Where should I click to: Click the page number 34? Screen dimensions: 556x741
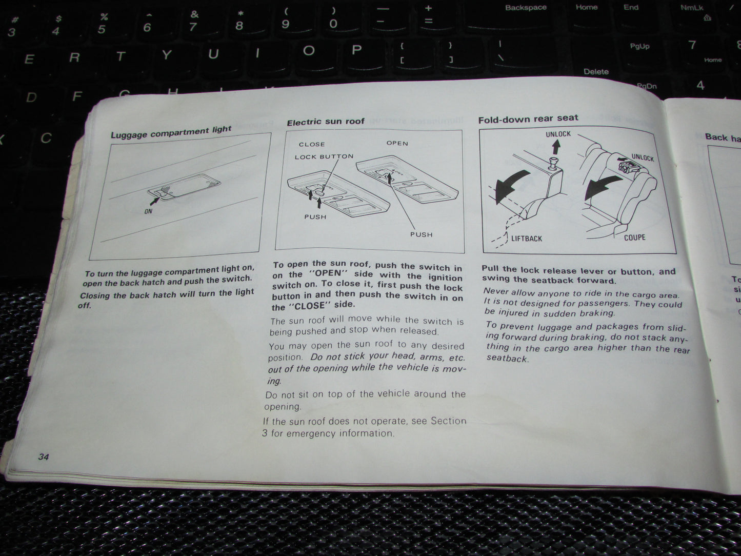tap(44, 456)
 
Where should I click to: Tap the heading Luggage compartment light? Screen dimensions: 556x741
tap(171, 132)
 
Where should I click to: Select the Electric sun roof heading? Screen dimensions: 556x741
tap(326, 122)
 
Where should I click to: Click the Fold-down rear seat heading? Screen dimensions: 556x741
tap(528, 118)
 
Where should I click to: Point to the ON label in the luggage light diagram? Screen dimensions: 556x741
tap(148, 211)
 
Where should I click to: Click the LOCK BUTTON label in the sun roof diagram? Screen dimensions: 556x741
tap(324, 156)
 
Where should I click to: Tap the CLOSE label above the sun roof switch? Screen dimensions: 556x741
tap(312, 144)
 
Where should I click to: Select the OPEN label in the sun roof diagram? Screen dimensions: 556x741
tap(397, 143)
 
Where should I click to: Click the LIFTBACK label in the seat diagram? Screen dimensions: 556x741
tap(527, 239)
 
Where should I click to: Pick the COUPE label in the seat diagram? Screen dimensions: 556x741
tap(634, 237)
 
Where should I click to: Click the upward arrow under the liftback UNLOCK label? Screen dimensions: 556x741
tap(556, 147)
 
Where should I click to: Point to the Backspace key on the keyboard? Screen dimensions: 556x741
tap(526, 8)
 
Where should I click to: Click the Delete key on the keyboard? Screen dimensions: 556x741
tap(596, 71)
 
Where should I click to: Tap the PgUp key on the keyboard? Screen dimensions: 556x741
tap(639, 46)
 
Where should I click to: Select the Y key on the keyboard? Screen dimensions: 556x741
tap(167, 55)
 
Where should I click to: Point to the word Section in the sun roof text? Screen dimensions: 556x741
tap(449, 421)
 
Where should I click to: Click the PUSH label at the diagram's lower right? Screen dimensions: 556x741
tap(421, 234)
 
